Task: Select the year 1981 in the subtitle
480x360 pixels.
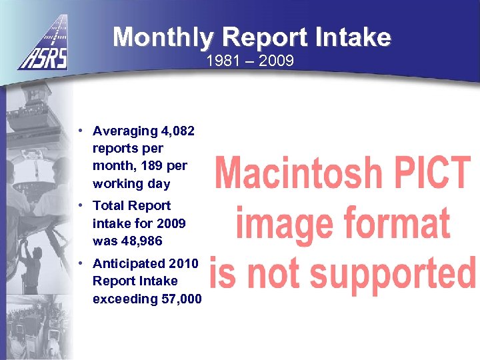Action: pyautogui.click(x=221, y=62)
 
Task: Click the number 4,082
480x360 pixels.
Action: pyautogui.click(x=175, y=131)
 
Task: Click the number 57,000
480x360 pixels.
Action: pyautogui.click(x=181, y=298)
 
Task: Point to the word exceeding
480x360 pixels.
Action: pyautogui.click(x=125, y=298)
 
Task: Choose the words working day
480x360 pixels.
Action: pyautogui.click(x=131, y=183)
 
